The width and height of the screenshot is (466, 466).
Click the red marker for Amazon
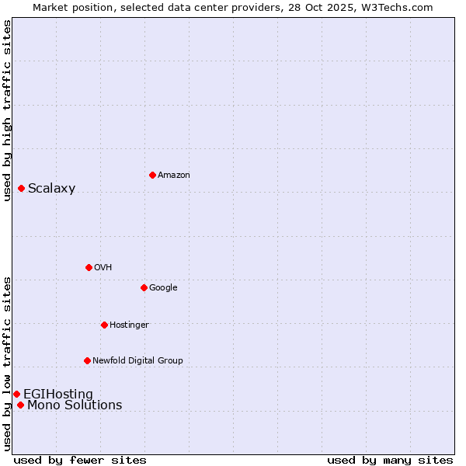pyautogui.click(x=152, y=175)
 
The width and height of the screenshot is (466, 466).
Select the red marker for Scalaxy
pyautogui.click(x=21, y=188)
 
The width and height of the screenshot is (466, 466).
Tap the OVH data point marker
pyautogui.click(x=89, y=267)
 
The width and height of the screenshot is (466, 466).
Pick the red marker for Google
pyautogui.click(x=144, y=287)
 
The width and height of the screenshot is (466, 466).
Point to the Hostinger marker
pyautogui.click(x=104, y=325)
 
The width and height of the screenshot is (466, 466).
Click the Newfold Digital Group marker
pyautogui.click(x=87, y=360)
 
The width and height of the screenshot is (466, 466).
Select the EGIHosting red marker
pyautogui.click(x=16, y=394)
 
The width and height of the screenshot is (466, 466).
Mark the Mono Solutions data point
pyautogui.click(x=20, y=405)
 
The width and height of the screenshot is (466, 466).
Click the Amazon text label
pyautogui.click(x=173, y=176)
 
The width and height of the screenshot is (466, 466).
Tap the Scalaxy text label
pyautogui.click(x=51, y=189)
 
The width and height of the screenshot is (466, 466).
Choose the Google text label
pyautogui.click(x=163, y=288)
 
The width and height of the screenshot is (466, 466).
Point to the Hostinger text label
pyautogui.click(x=129, y=325)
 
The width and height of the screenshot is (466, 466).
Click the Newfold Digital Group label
pyautogui.click(x=137, y=361)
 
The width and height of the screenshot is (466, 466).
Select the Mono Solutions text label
pyautogui.click(x=75, y=405)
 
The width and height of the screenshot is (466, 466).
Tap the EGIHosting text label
pyautogui.click(x=58, y=395)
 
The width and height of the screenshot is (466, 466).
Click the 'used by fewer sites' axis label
pyautogui.click(x=80, y=460)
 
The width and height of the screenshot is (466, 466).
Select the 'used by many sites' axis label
pyautogui.click(x=390, y=460)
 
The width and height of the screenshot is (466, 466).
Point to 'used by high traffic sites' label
pyautogui.click(x=8, y=110)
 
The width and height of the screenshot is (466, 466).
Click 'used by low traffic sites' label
pyautogui.click(x=8, y=363)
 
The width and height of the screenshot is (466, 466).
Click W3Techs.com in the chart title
pyautogui.click(x=401, y=7)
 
